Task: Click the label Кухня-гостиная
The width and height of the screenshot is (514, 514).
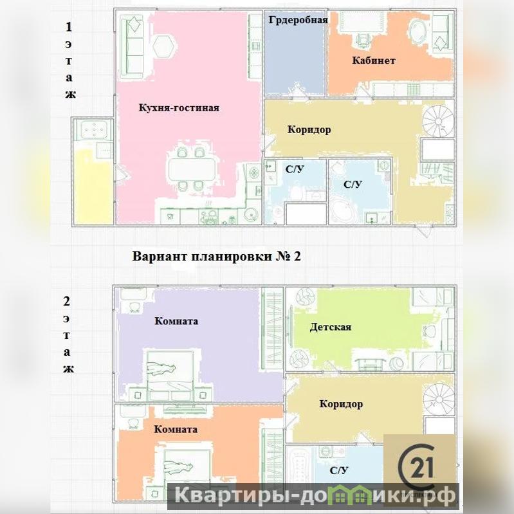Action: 179,108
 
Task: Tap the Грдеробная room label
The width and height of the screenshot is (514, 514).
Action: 298,20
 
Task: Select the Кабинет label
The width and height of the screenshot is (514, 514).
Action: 374,60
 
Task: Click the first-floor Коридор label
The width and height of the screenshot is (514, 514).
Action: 309,129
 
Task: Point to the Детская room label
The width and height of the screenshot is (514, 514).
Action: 331,327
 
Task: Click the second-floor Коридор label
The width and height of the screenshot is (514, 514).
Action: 341,404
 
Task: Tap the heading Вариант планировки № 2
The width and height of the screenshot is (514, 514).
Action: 216,256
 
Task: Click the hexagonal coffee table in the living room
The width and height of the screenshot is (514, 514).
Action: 163,45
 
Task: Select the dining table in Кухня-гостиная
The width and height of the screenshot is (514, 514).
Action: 192,169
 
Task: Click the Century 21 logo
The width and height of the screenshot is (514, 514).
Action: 420,466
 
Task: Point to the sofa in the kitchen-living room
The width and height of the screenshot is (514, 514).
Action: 132,47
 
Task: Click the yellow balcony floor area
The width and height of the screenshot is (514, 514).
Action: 93,187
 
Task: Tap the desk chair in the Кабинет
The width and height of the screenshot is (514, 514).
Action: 363,40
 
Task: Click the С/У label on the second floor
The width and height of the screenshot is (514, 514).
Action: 338,471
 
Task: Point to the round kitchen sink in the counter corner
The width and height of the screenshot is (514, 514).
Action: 252,215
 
